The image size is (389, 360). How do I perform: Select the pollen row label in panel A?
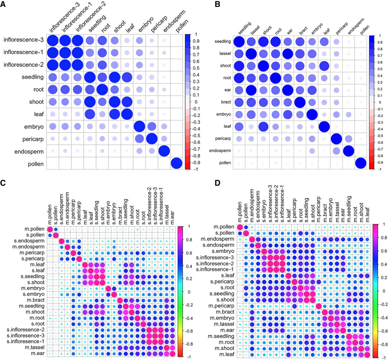[36, 164]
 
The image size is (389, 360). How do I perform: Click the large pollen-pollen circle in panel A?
[176, 164]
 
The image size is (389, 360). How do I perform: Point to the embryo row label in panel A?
[34, 127]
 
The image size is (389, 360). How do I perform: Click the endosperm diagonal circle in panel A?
[164, 151]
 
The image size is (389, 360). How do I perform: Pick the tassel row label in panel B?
[225, 54]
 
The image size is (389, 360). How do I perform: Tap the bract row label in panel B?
[226, 102]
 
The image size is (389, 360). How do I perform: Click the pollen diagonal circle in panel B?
[361, 163]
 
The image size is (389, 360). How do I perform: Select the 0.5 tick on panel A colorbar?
[196, 68]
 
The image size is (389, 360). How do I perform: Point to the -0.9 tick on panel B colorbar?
[380, 162]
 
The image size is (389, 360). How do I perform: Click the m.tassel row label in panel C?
[34, 348]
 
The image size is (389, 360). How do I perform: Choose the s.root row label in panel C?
[37, 324]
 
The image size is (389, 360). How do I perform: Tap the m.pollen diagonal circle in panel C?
[50, 229]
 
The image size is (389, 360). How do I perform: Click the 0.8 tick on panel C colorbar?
[189, 240]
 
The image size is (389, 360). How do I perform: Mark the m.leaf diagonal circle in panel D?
[367, 355]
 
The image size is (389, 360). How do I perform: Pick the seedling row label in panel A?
[33, 77]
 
